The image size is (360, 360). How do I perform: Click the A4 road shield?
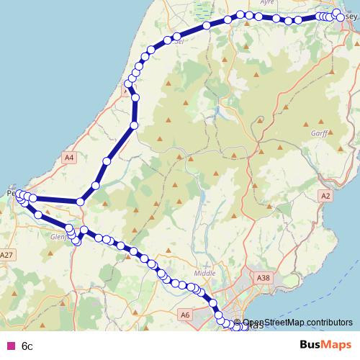pyautogui.click(x=68, y=157)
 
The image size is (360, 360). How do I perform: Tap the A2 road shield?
pyautogui.click(x=325, y=196)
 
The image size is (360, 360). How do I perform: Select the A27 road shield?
pyautogui.click(x=7, y=255)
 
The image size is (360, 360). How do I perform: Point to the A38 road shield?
pyautogui.click(x=263, y=276)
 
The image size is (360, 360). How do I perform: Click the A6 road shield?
pyautogui.click(x=185, y=315)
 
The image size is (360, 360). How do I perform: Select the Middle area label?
pyautogui.click(x=204, y=274)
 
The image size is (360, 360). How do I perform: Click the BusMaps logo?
pyautogui.click(x=320, y=346)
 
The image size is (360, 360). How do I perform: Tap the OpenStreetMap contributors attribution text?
pyautogui.click(x=297, y=323)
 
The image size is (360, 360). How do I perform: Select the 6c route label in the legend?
pyautogui.click(x=27, y=346)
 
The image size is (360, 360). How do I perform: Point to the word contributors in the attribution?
pyautogui.click(x=329, y=323)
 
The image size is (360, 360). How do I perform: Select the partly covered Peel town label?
pyautogui.click(x=10, y=193)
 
